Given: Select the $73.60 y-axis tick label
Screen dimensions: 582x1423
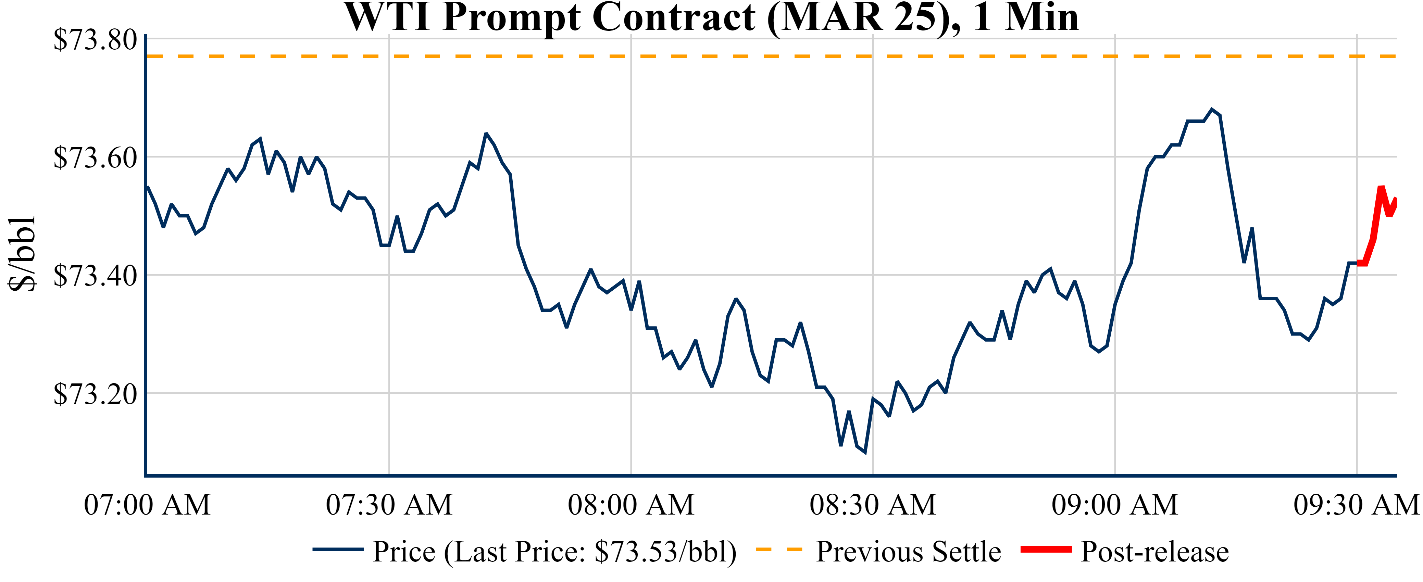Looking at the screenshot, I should pos(95,157).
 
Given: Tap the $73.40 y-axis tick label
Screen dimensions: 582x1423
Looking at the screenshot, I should pos(95,276).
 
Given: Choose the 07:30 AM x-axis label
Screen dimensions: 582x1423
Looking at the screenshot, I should pos(389,505).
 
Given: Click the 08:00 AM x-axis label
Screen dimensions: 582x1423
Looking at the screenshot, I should pos(631,505).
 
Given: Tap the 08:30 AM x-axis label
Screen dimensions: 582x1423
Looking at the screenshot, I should pos(873,505).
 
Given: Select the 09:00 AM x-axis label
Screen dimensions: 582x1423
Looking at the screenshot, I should pos(1115,505).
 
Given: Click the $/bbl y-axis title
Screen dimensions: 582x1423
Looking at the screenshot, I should pos(22,253).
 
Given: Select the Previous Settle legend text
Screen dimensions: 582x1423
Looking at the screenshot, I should pos(908,551).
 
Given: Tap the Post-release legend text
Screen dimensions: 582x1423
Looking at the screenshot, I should pos(1154,551).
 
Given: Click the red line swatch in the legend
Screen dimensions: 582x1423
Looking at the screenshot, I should pos(1046,549).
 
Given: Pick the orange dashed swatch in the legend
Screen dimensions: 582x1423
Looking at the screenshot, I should pos(778,549).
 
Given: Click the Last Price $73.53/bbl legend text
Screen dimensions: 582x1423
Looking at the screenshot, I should pos(554,551).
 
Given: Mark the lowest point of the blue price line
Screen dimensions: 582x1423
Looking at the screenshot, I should pos(864,452).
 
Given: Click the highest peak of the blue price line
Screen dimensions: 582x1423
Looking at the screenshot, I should pos(1212,109).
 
